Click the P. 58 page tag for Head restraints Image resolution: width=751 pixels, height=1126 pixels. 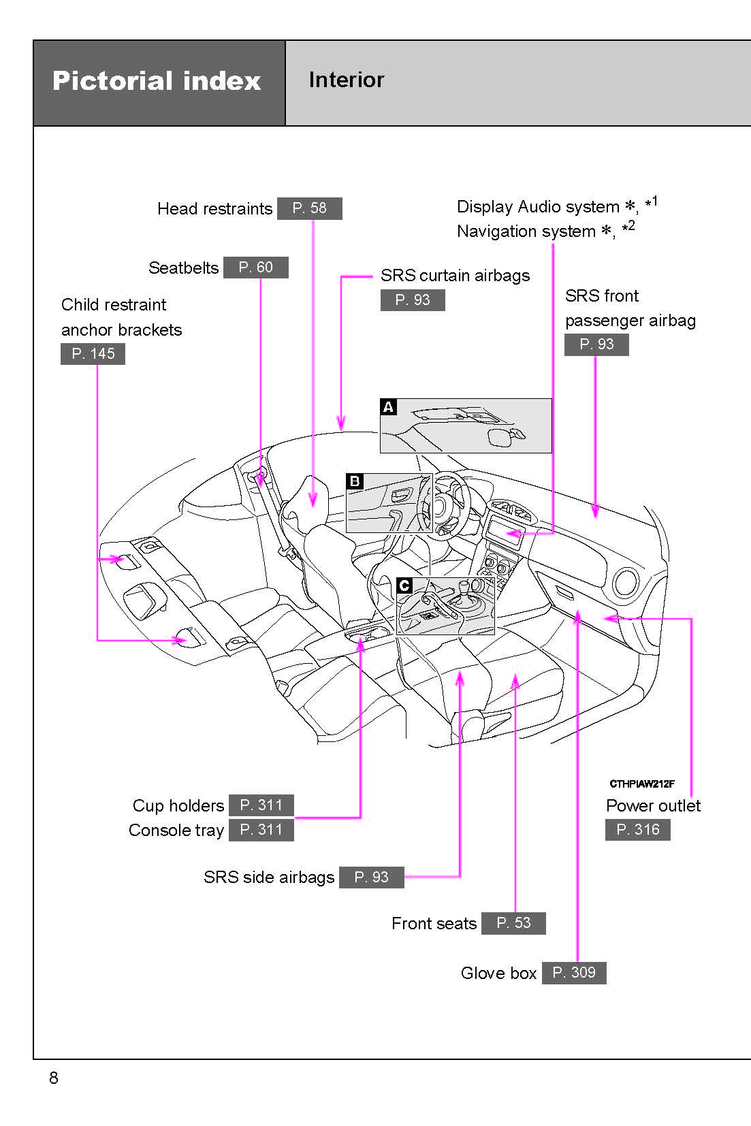[309, 208]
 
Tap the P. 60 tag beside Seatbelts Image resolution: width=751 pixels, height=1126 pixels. [255, 268]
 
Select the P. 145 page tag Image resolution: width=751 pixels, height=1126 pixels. [93, 354]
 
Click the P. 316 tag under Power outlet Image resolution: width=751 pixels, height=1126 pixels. [637, 830]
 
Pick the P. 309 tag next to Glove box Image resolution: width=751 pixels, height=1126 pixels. [573, 973]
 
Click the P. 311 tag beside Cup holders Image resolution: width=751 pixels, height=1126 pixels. [261, 805]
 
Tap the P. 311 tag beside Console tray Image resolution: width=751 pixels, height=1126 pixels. [261, 830]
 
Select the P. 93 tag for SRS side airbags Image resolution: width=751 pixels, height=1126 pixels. [371, 878]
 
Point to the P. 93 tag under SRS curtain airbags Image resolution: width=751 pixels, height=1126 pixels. [412, 300]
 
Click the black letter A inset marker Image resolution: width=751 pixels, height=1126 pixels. [388, 407]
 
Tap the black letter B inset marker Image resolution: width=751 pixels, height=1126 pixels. [355, 481]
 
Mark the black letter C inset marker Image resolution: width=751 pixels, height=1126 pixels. [404, 585]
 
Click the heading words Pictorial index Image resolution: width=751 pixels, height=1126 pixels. [157, 81]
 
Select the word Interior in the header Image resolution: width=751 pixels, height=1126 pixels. [346, 80]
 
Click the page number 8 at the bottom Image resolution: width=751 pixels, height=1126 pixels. [54, 1078]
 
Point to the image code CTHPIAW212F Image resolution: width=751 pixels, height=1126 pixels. [641, 784]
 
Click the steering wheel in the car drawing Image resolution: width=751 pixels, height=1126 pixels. [446, 504]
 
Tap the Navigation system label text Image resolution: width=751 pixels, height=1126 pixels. [526, 231]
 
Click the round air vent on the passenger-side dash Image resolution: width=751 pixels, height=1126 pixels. [625, 583]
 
